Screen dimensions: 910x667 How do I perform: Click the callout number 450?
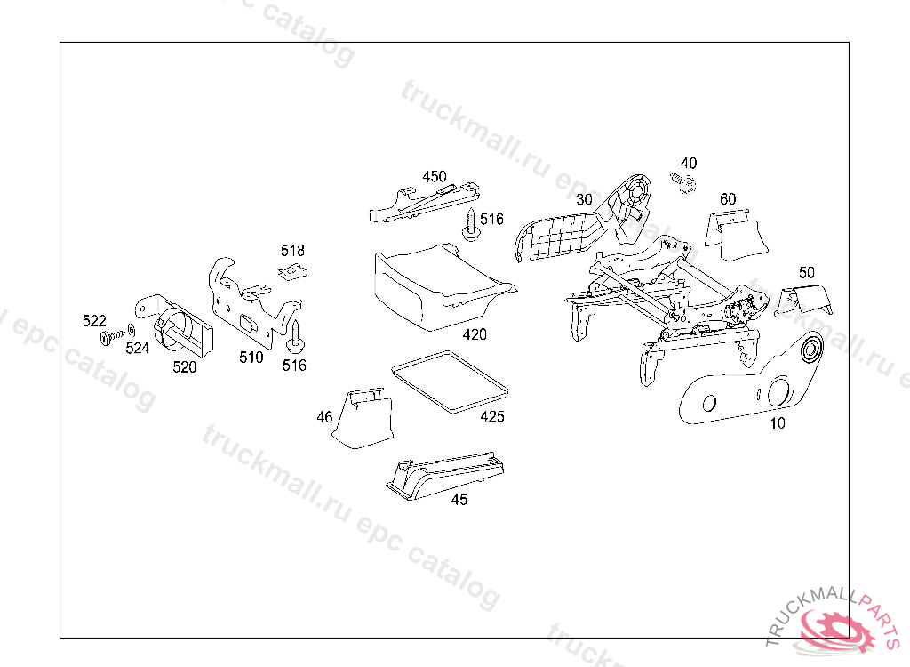(x=435, y=177)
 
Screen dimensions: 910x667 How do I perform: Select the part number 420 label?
(x=475, y=335)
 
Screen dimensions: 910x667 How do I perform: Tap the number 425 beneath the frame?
(x=492, y=416)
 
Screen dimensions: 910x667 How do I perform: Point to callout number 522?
(x=94, y=321)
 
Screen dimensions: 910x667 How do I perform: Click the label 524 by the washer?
(x=137, y=348)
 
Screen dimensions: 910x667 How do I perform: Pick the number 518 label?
(x=292, y=250)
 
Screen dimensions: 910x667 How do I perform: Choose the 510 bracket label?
(x=251, y=358)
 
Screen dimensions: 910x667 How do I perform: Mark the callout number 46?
(x=324, y=416)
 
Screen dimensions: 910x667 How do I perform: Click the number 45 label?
(x=459, y=500)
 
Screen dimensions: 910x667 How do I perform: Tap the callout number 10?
(x=778, y=423)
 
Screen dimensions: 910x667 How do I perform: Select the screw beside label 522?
(x=109, y=338)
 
